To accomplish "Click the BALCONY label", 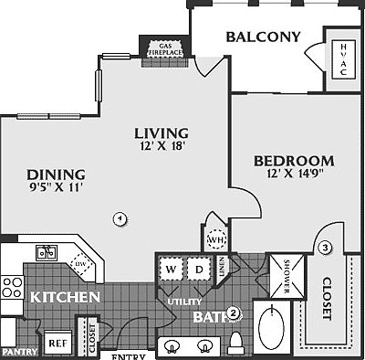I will click(263, 37).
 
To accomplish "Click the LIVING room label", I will click(164, 132).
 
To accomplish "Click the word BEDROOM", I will click(293, 161).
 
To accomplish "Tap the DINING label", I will click(57, 175).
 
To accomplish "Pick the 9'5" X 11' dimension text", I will click(56, 190).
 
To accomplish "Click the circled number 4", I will click(119, 217).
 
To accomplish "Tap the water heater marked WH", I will click(216, 239).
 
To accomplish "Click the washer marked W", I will click(171, 270).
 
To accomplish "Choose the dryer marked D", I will click(199, 270).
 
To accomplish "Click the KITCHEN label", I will click(64, 298).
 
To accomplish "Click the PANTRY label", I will click(19, 352).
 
